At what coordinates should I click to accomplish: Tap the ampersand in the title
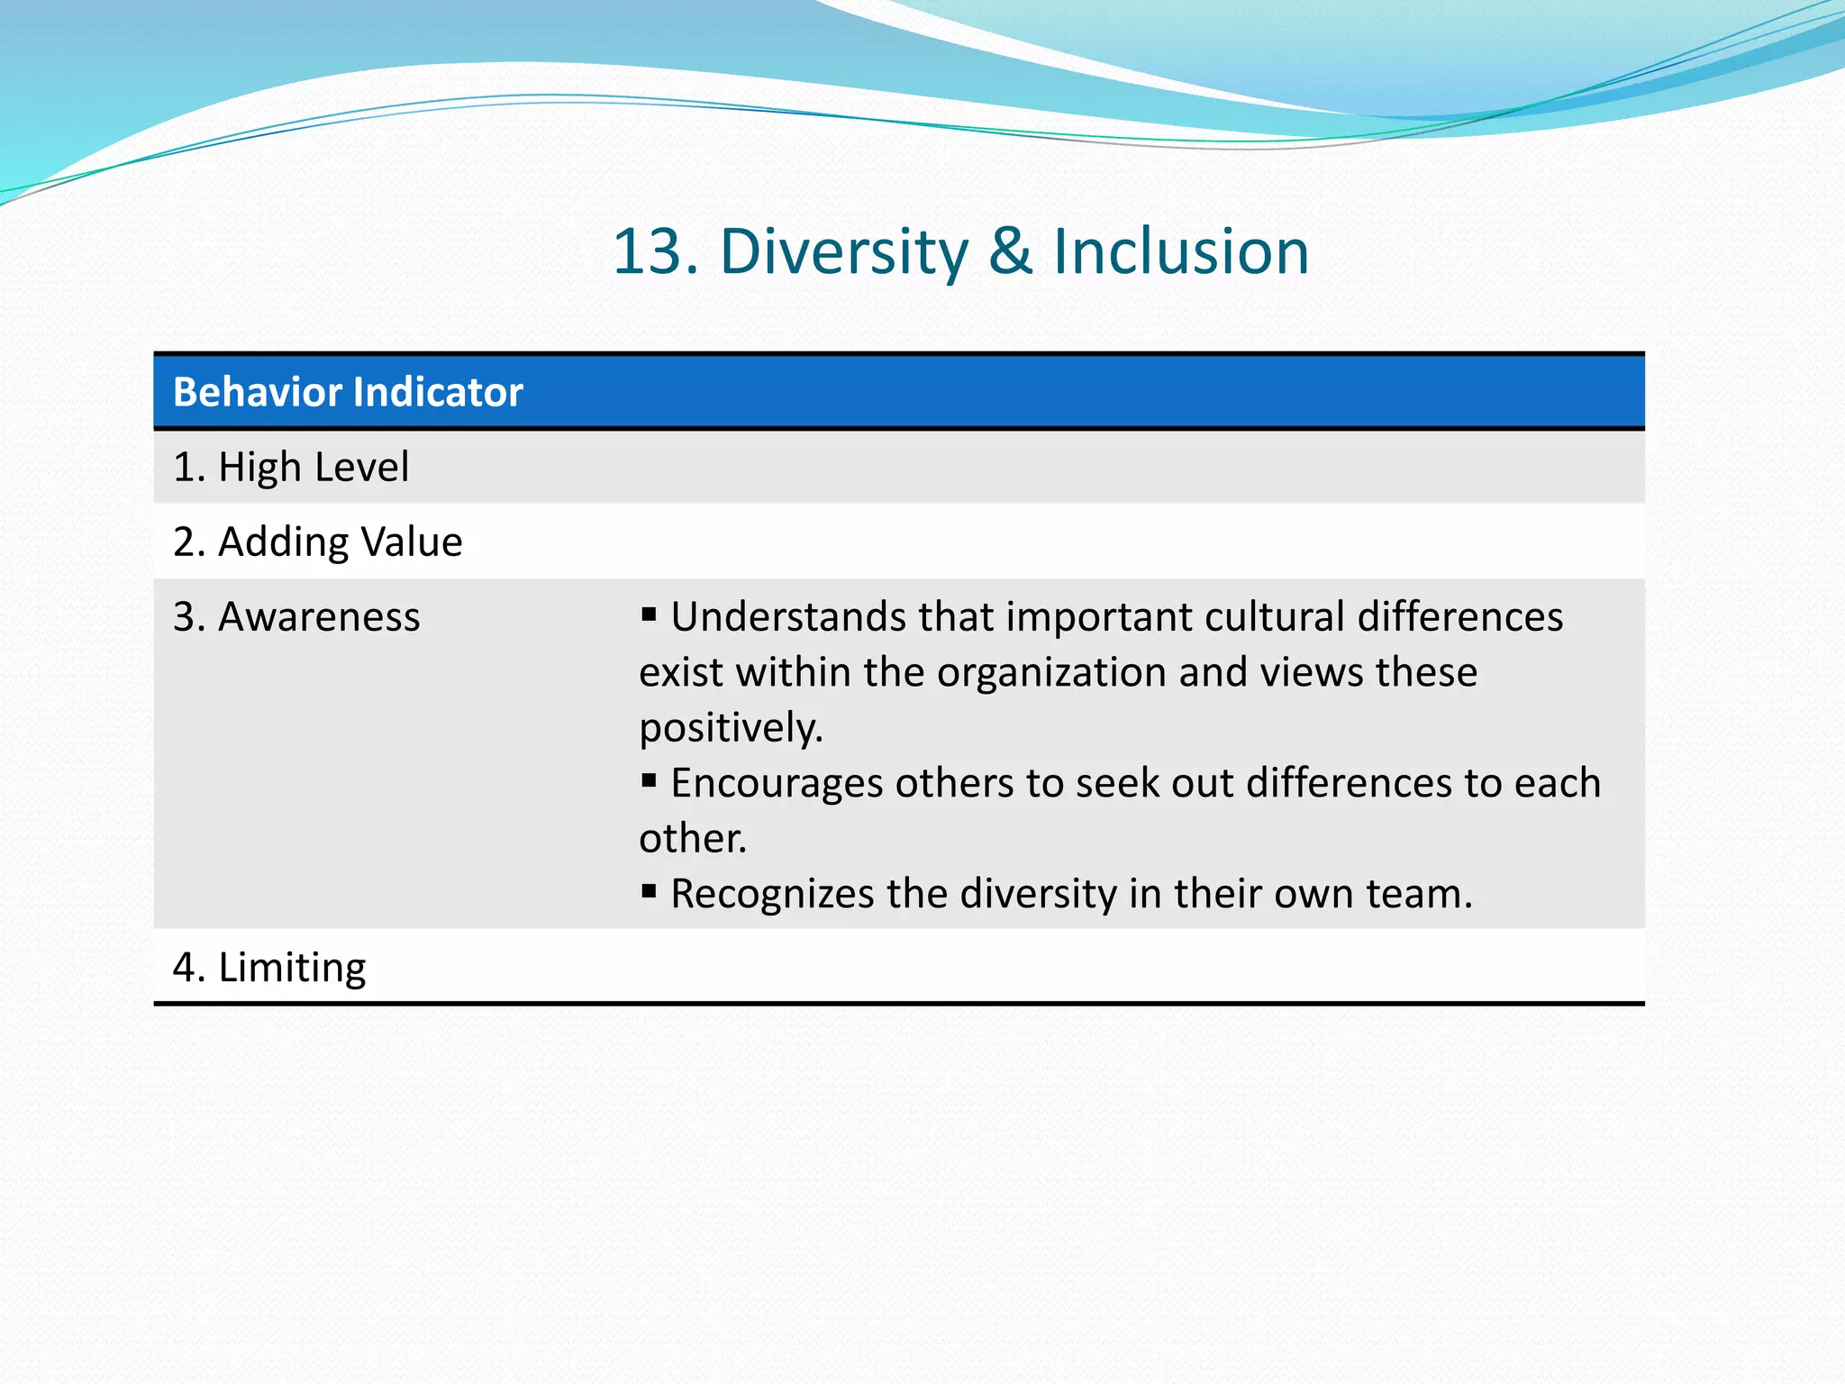coord(1010,251)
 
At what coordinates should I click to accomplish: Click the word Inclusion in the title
coord(1181,251)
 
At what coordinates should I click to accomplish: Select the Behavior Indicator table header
coord(348,392)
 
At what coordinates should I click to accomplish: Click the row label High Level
coord(313,467)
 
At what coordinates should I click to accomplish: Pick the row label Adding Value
coord(340,542)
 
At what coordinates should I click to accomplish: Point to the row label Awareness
coord(319,617)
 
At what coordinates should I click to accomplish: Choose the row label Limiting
coord(292,967)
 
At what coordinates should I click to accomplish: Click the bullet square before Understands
coord(649,615)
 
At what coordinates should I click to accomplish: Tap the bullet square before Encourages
coord(649,780)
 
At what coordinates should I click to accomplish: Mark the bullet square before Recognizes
coord(649,891)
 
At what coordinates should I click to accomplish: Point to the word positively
coord(731,728)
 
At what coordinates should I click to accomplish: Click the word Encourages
coord(777,783)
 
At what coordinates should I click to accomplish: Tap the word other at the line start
coord(692,839)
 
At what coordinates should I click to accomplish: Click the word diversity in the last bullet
coord(1038,894)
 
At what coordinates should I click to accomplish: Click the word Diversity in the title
coord(843,251)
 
